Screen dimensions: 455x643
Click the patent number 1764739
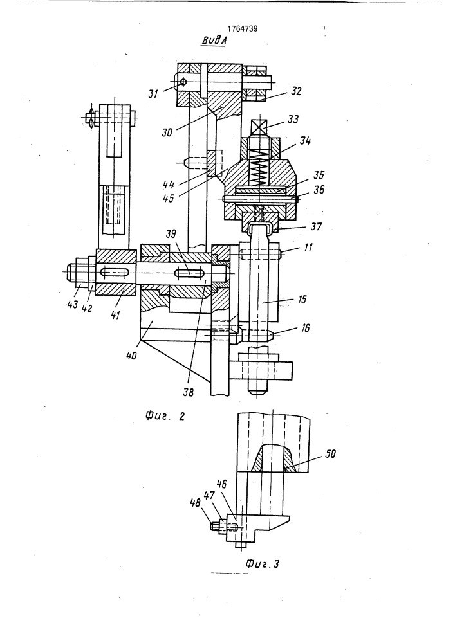point(243,29)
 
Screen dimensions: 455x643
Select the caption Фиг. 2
point(165,416)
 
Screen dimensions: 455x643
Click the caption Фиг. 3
point(262,564)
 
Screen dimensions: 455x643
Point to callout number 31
point(153,94)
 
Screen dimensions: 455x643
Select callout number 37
point(317,226)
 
